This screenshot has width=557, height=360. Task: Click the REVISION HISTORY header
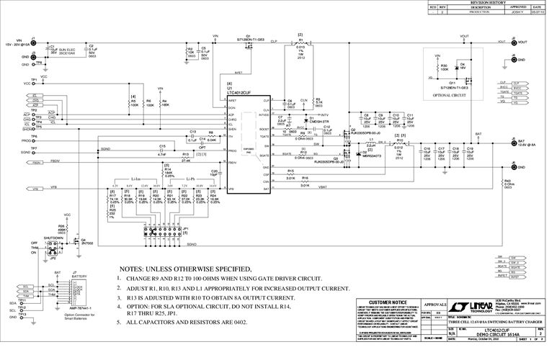pyautogui.click(x=489, y=3)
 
